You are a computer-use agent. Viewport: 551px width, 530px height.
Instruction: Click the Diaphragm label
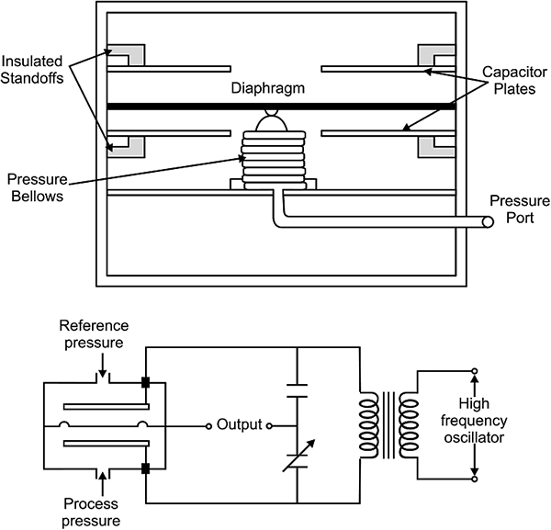[268, 88]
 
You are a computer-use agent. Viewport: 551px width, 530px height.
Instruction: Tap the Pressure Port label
[520, 209]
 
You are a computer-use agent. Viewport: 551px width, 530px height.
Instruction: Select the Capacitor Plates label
[514, 80]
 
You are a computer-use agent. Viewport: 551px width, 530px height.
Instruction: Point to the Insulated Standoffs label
[32, 70]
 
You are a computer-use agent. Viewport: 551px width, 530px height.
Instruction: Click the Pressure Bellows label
[38, 187]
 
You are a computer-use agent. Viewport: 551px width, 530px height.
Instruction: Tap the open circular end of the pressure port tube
[488, 222]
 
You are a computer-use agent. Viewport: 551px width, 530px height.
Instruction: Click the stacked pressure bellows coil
[274, 160]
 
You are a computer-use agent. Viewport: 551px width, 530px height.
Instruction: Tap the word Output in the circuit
[240, 424]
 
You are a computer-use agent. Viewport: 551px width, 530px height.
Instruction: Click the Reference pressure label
[94, 334]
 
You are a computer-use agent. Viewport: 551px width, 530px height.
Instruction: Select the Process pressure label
[91, 513]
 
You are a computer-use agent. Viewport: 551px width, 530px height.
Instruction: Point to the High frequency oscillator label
[474, 421]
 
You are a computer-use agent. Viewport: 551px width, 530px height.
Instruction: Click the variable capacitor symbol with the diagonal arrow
[298, 456]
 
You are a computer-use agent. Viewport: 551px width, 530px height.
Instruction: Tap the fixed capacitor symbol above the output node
[297, 390]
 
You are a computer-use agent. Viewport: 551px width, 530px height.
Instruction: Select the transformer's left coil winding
[369, 425]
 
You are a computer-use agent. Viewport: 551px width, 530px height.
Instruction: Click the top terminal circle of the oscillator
[475, 371]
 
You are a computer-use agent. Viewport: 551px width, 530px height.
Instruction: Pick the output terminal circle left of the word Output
[208, 426]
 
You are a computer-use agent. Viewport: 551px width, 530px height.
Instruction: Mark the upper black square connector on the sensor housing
[145, 382]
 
